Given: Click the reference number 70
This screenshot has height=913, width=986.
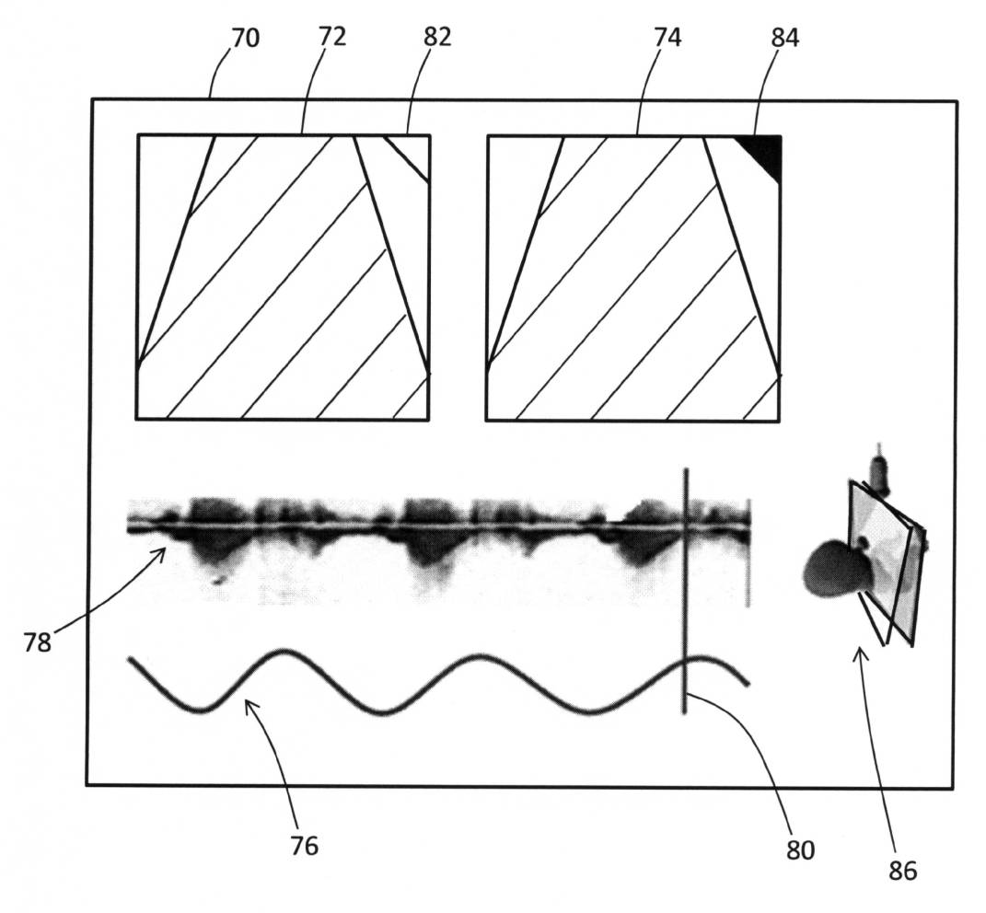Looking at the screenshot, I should (245, 39).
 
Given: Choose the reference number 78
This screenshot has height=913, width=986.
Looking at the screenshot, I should (38, 642).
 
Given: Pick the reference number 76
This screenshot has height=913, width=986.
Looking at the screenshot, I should (304, 845).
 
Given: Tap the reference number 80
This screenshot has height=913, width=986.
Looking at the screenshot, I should (800, 849).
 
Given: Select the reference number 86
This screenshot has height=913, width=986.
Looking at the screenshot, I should (903, 870).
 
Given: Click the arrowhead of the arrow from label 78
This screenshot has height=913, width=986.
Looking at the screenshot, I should (163, 551).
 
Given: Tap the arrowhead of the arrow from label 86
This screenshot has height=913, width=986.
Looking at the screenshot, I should (859, 652).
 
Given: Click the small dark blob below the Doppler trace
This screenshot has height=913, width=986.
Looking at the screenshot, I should (218, 581).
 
